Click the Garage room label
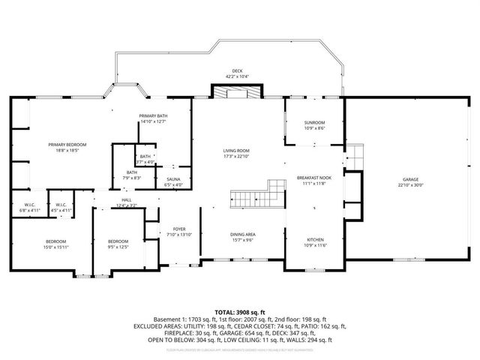(410, 180)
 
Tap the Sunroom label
(314, 122)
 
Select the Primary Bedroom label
(67, 144)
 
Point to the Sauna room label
(172, 180)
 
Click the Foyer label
(179, 229)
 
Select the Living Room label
(236, 151)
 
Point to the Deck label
(236, 70)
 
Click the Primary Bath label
(152, 115)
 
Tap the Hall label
(126, 200)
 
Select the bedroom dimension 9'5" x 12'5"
(118, 247)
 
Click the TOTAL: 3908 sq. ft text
(239, 311)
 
